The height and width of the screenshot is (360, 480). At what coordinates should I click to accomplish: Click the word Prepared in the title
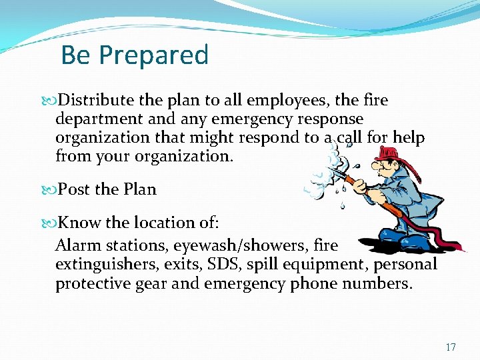[154, 55]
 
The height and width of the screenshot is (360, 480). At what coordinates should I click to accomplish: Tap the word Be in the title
[75, 55]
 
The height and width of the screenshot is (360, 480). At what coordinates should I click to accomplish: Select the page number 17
[451, 347]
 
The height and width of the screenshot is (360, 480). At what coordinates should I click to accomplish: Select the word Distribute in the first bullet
[97, 100]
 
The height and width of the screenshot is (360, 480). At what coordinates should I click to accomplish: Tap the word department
[98, 119]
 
